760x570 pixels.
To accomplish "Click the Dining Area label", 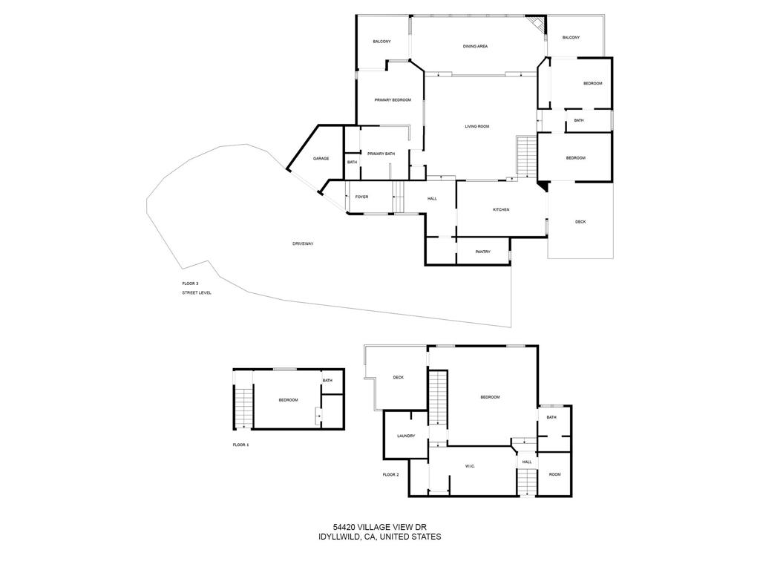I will pos(475,47).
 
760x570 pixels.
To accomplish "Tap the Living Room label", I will pos(477,127).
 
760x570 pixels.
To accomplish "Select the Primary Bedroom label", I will pos(393,100).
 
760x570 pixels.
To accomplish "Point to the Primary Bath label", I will pos(381,154).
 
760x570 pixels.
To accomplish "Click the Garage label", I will pos(321,159).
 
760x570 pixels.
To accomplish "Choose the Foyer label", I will pos(361,197).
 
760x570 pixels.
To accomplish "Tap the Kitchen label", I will pos(501,210).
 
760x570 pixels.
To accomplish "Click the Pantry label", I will pos(482,252).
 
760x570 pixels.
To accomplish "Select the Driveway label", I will pos(303,243).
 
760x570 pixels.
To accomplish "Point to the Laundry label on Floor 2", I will pos(405,436).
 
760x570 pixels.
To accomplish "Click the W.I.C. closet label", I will pos(470,466).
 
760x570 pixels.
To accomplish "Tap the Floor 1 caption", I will pos(240,445).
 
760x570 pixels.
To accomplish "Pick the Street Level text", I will pos(197,293).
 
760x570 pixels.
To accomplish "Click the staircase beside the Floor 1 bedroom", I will pos(243,407).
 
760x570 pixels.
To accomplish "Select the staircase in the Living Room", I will pos(526,157).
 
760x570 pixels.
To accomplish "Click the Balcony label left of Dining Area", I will pos(381,42).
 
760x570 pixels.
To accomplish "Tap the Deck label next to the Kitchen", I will pos(580,222).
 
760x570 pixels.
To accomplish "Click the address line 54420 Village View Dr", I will pos(379,528).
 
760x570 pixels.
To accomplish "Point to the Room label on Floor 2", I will pos(554,475).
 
